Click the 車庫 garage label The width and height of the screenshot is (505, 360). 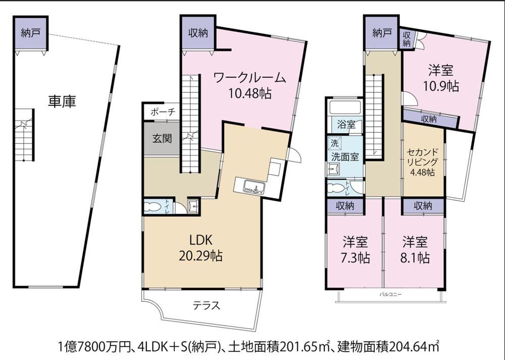pos(62,101)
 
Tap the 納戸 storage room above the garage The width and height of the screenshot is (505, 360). pos(31,33)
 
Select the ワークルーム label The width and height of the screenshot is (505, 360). pos(249,78)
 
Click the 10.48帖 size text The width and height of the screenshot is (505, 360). pos(249,93)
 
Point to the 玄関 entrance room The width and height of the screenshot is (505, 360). pos(162,138)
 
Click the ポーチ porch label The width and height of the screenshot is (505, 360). pos(163,112)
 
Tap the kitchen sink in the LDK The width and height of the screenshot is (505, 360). pos(254,186)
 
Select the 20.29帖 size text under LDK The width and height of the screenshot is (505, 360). pos(200,256)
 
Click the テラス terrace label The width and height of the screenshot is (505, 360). pos(207,305)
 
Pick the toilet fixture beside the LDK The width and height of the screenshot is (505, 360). pos(154,207)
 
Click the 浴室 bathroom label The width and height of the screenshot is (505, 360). pos(346,124)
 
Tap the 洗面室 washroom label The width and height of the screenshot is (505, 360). pos(345,157)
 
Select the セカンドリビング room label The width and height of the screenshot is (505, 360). pos(422,157)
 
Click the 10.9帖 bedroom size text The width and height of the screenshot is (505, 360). pos(441,86)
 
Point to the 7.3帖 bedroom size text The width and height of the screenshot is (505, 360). pos(355,258)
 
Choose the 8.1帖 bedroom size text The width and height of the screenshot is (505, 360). pos(415,258)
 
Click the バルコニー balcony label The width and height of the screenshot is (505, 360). pos(390,294)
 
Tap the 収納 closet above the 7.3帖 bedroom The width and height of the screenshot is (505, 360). pos(345,206)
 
